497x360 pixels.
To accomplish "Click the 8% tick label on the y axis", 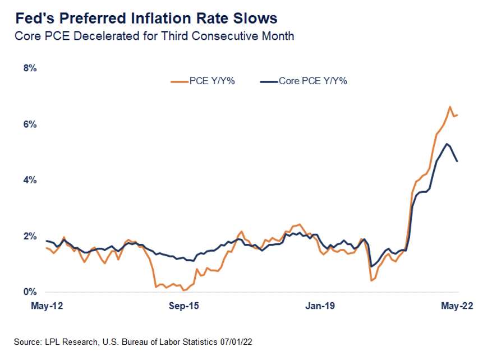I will [30, 68].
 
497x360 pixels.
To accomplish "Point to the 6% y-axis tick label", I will [30, 124].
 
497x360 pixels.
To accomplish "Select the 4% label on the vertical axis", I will [30, 181].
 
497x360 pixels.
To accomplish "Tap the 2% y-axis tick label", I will [30, 236].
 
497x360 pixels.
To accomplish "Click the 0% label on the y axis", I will [30, 292].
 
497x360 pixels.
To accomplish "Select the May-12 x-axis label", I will [45, 307].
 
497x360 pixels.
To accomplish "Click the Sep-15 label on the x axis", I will [185, 307].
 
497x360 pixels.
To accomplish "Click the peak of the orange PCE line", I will [450, 107].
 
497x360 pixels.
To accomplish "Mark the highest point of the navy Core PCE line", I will [447, 144].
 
